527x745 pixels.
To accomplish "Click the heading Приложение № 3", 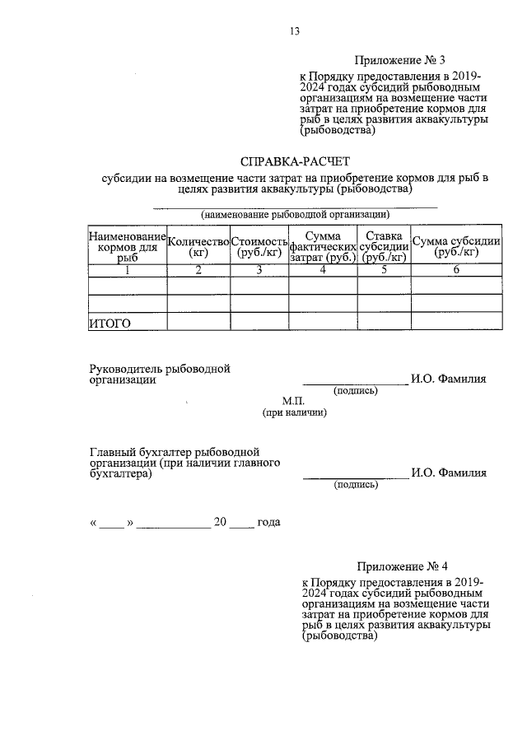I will click(400, 60).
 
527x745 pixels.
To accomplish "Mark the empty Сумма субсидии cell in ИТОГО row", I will click(456, 323).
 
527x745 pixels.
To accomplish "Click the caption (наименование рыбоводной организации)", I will click(295, 214).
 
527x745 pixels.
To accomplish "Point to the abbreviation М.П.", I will click(294, 401).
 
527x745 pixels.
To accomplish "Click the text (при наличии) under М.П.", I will click(294, 412).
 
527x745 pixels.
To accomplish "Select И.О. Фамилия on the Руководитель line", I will click(449, 379).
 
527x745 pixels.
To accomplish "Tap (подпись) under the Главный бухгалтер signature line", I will click(356, 485).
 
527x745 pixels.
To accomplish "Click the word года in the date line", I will click(269, 522).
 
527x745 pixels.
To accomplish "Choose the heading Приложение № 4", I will click(403, 566).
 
